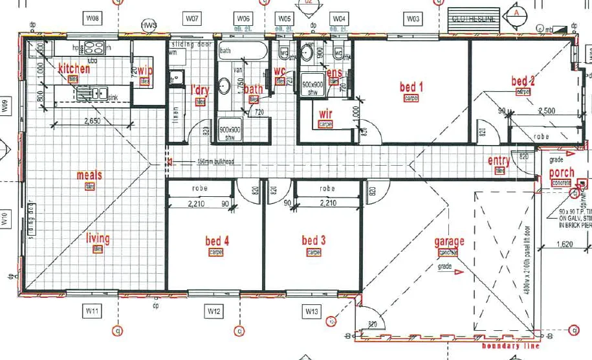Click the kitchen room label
pyautogui.click(x=74, y=69)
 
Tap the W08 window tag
pyautogui.click(x=93, y=19)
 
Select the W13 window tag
pyautogui.click(x=312, y=312)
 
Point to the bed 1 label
pyautogui.click(x=411, y=87)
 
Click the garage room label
pyautogui.click(x=449, y=242)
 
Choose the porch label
pyautogui.click(x=561, y=173)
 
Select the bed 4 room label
pyautogui.click(x=217, y=242)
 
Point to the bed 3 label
pyautogui.click(x=314, y=241)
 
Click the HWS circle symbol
pyautogui.click(x=149, y=26)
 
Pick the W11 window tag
pyautogui.click(x=92, y=312)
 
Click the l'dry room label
pyautogui.click(x=201, y=90)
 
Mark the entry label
pyautogui.click(x=499, y=161)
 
